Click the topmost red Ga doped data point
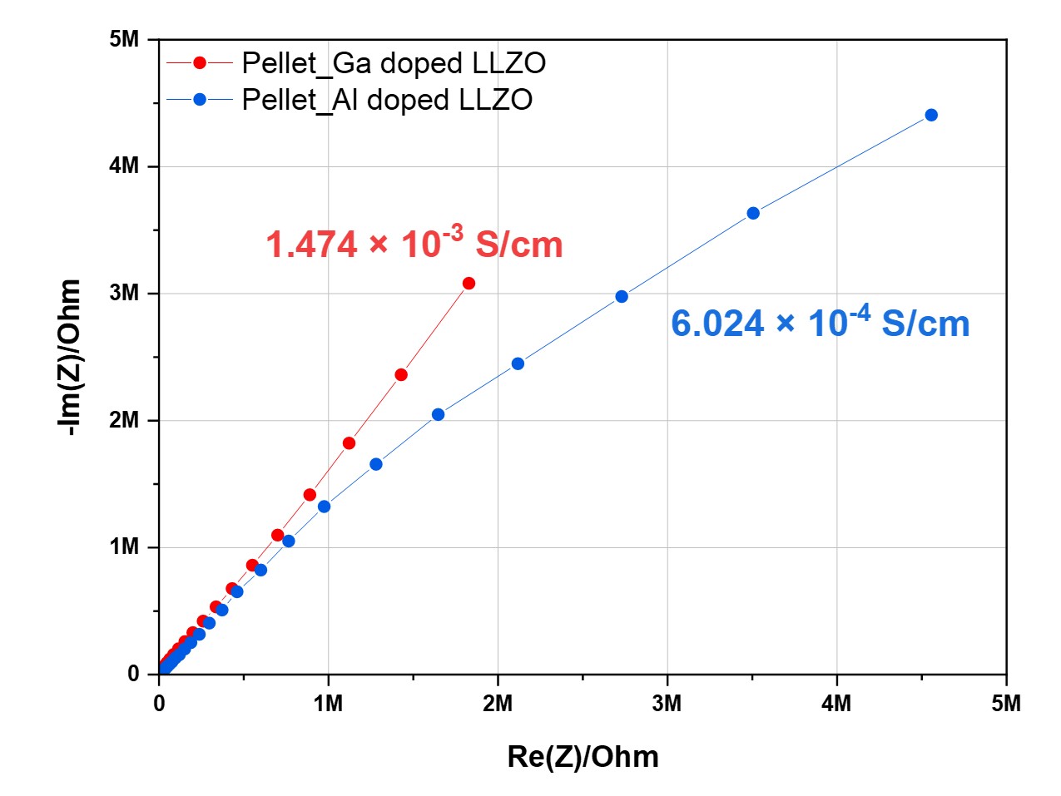point(469,284)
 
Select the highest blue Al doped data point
point(931,115)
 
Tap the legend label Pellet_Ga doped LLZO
point(394,63)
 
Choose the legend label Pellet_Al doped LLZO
point(387,100)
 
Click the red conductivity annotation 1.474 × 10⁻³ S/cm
point(414,244)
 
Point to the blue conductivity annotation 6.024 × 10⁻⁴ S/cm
point(820,323)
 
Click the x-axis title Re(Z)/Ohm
point(583,756)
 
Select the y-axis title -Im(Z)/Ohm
point(70,357)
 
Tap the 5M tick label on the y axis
point(124,40)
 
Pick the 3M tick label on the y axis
point(124,294)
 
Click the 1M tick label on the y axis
point(124,547)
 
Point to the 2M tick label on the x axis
point(498,704)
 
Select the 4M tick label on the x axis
point(836,704)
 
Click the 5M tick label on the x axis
point(1006,704)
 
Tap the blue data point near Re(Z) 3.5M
point(753,213)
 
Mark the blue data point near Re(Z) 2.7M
point(622,296)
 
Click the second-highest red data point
point(401,375)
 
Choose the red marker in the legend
point(200,63)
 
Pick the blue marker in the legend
point(200,100)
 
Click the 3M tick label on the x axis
point(667,704)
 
